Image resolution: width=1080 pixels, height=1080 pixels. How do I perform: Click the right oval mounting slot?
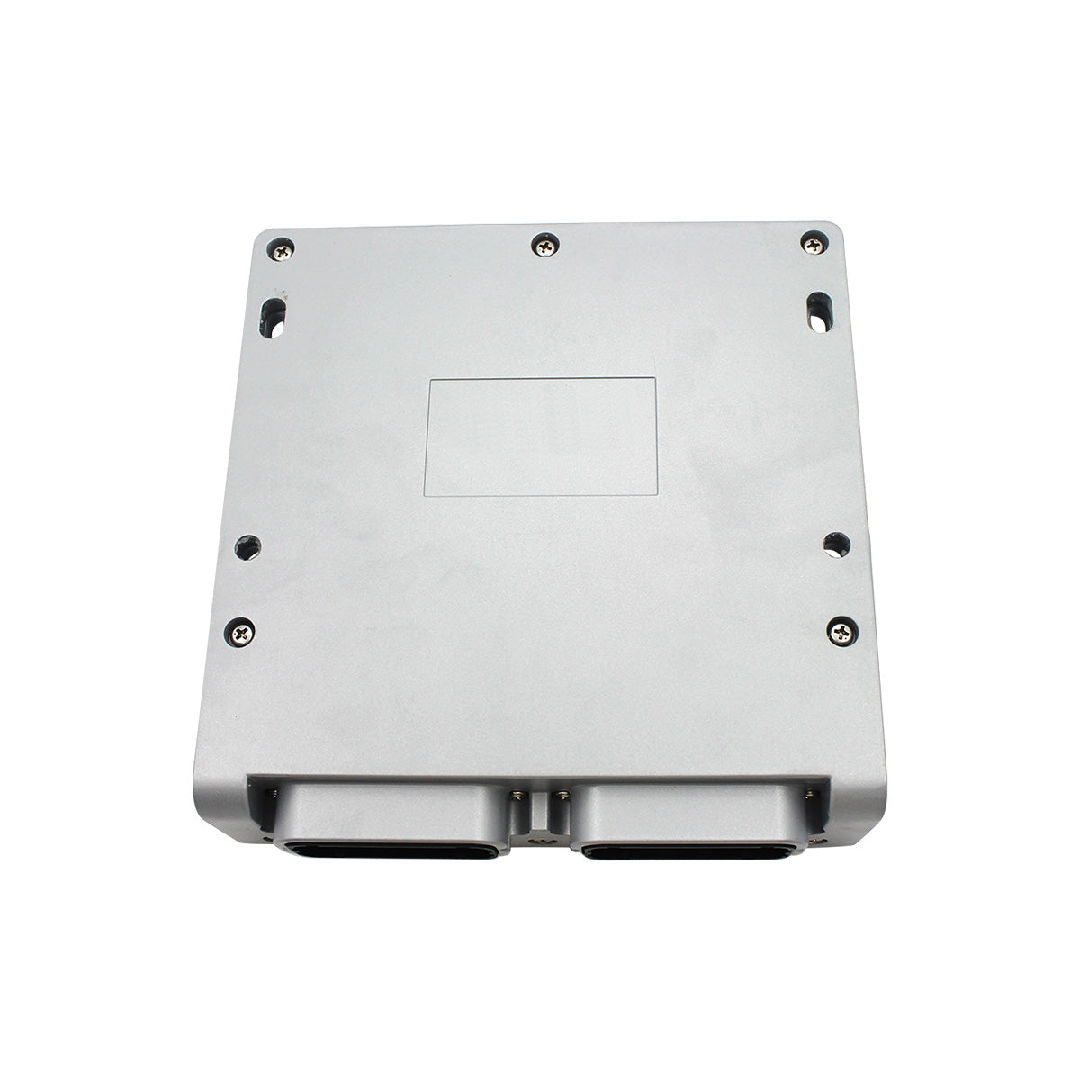click(x=819, y=310)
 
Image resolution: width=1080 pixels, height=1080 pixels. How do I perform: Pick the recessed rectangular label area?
click(x=541, y=436)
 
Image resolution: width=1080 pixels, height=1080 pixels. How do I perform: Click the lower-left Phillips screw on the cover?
click(x=241, y=633)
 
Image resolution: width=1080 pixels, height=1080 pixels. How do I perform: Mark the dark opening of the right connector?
click(x=688, y=850)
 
